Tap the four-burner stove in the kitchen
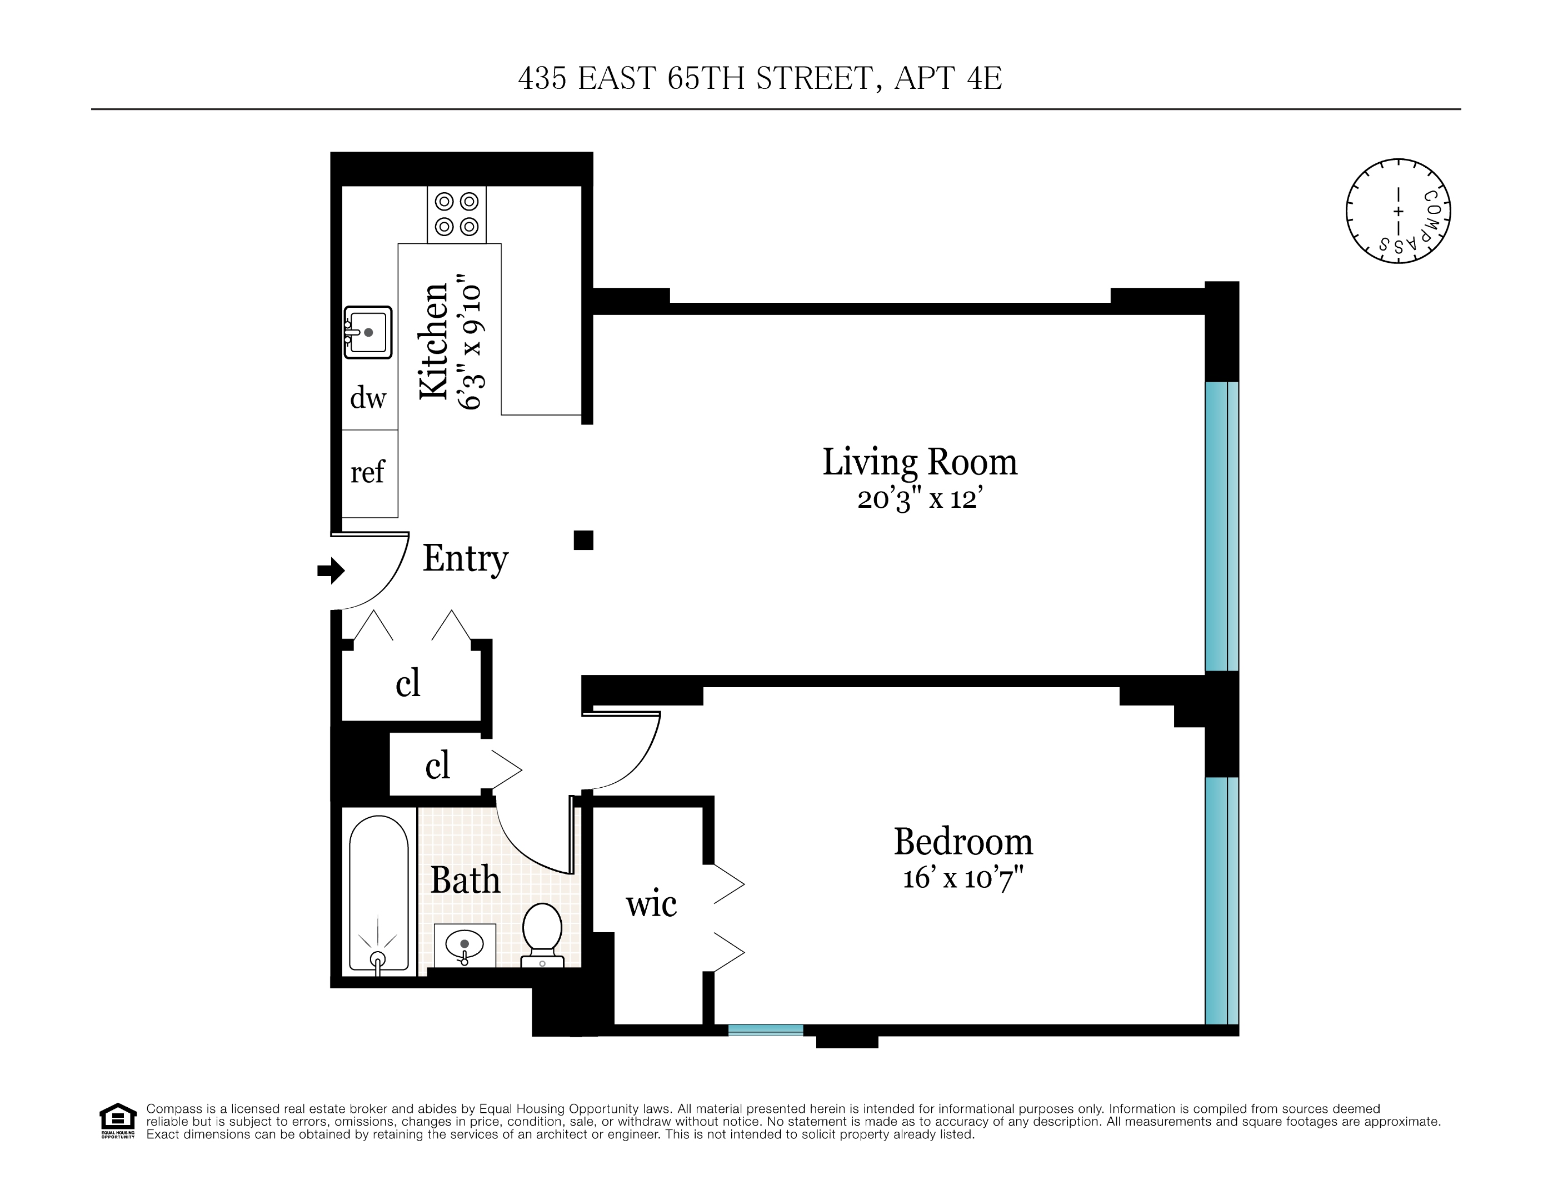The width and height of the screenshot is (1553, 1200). (x=457, y=214)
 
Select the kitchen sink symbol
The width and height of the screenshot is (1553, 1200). (x=368, y=332)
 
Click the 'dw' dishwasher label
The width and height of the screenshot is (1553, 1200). (x=368, y=398)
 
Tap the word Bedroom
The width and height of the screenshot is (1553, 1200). (x=963, y=842)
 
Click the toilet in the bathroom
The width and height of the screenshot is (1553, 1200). (x=542, y=933)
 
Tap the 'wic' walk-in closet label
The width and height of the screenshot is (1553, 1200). (x=651, y=905)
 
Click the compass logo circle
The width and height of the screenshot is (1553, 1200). (x=1398, y=211)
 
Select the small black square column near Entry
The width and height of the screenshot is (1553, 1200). (x=583, y=541)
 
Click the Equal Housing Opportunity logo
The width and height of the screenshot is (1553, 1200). (x=117, y=1121)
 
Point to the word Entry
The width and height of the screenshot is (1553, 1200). (x=465, y=559)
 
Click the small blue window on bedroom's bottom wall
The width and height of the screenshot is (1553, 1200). (x=765, y=1030)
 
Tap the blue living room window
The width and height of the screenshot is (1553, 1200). (x=1221, y=526)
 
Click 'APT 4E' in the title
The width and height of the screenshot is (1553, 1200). (x=947, y=78)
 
